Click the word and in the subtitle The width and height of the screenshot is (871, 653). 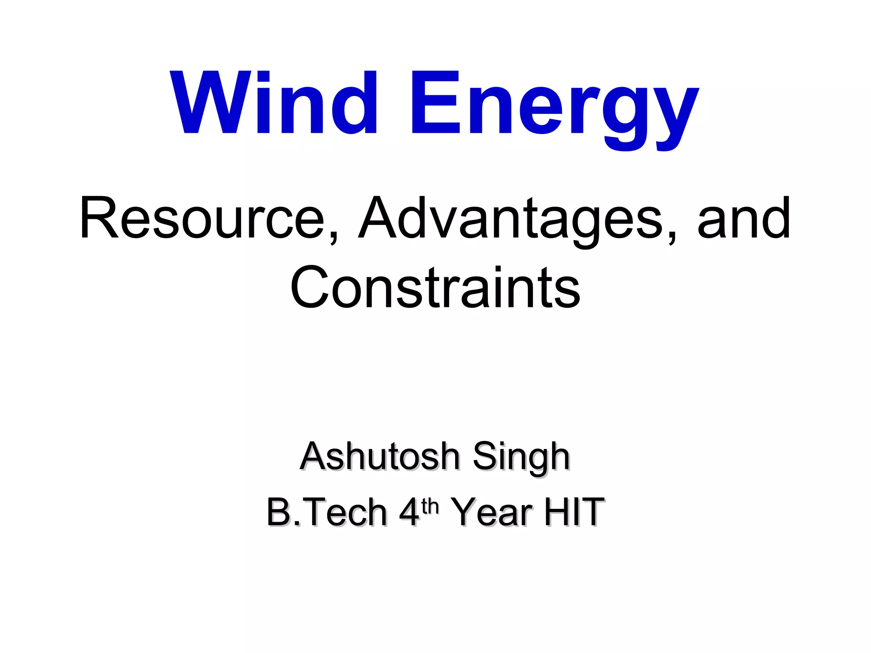[743, 218]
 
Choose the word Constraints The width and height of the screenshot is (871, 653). [435, 287]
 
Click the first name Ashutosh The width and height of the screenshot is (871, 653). [379, 456]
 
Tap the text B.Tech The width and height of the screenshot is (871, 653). [326, 512]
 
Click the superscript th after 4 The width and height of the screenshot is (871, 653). [430, 506]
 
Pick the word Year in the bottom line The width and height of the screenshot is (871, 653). [491, 512]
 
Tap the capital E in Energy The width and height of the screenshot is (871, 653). [435, 102]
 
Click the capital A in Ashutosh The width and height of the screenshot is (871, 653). [314, 456]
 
